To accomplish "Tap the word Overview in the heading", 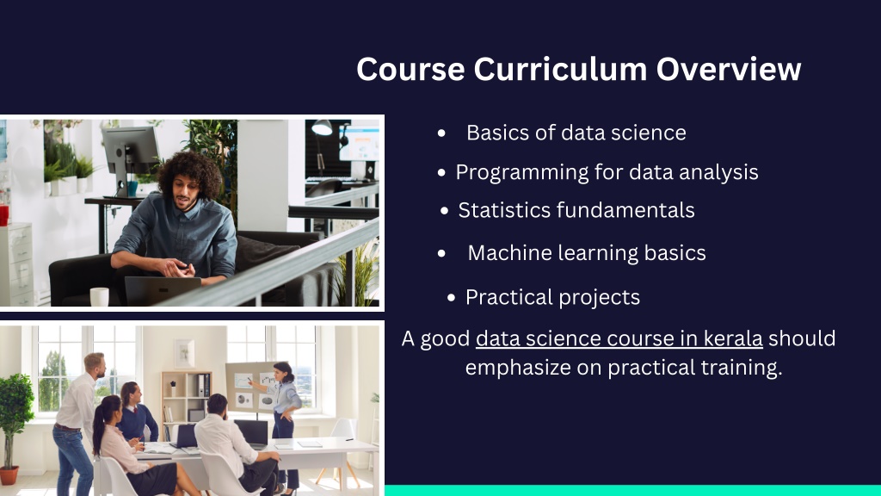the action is [729, 69].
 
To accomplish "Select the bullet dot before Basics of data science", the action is [441, 133].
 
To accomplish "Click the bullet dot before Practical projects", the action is [451, 298].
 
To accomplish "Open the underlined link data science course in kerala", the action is [619, 338].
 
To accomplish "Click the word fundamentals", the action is [626, 210].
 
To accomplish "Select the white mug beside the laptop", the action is [100, 296].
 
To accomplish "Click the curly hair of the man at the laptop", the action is [189, 171].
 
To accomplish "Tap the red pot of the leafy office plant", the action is [9, 475].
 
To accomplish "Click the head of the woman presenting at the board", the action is [284, 372].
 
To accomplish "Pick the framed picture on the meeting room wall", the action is [184, 353].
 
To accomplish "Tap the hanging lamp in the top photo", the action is [322, 128].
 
